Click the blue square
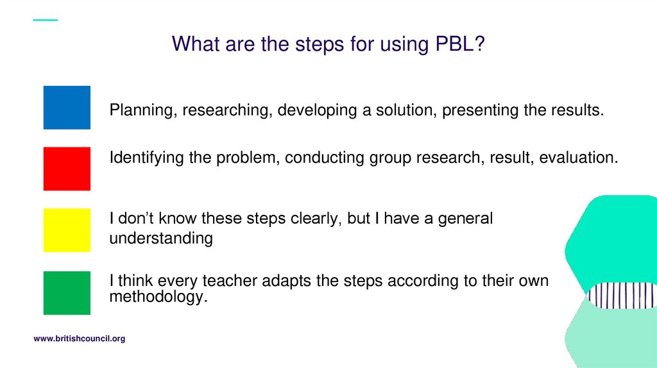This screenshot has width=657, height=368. [x=67, y=108]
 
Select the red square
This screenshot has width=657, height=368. [x=67, y=169]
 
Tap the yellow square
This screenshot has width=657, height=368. [x=67, y=230]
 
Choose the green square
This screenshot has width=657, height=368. [x=67, y=292]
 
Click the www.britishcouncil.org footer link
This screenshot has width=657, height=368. [x=79, y=339]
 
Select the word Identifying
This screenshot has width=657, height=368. [x=149, y=158]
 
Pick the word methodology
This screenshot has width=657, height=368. [x=158, y=297]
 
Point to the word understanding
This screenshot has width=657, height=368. [x=160, y=238]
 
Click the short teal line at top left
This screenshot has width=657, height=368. [x=45, y=20]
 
